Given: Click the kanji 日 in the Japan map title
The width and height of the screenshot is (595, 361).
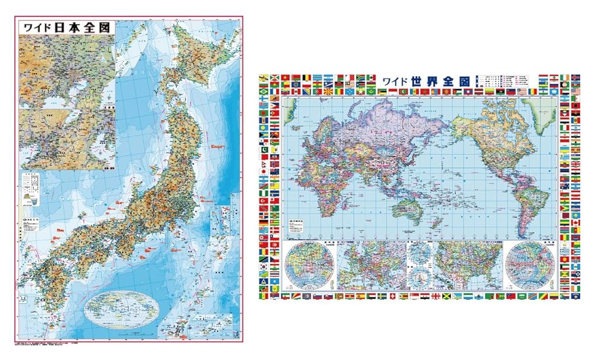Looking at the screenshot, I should (x=59, y=27).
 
